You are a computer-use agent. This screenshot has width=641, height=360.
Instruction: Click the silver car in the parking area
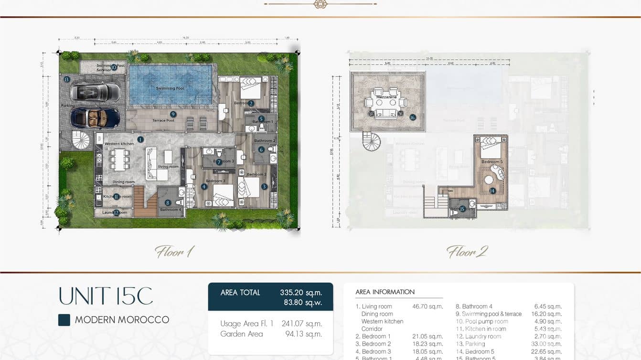pos(95,92)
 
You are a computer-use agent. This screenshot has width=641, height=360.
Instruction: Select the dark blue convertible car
pos(96,117)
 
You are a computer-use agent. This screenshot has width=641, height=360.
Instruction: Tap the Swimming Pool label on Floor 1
pos(170,88)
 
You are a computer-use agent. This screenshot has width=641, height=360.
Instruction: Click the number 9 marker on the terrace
pos(173,114)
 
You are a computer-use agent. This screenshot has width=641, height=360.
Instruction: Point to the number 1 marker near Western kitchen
pos(140,139)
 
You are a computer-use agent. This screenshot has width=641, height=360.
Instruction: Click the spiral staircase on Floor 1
pos(81,140)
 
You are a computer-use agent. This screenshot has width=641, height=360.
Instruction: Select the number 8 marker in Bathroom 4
pos(168,203)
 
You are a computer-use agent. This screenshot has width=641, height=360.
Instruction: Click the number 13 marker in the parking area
pos(67,79)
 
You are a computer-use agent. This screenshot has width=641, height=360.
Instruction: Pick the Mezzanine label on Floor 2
pos(386,97)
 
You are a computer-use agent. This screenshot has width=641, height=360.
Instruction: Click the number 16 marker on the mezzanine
pos(413,117)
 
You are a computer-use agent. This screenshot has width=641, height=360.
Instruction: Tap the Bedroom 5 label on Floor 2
pos(491,162)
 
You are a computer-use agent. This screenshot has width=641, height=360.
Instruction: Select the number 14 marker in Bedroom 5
pos(492,191)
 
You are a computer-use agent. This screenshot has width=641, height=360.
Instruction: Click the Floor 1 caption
pos(174,252)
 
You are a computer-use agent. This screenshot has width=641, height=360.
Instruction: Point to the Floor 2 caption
pos(466,252)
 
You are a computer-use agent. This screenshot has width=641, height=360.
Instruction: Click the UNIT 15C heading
pos(106,296)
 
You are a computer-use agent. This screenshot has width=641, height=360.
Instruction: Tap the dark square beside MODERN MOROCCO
pos(64,320)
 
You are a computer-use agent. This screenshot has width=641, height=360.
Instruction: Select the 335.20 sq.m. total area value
pos(300,292)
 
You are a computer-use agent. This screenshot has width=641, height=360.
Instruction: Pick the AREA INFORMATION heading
pos(385,292)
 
